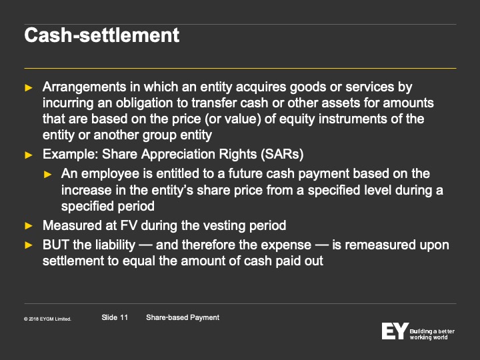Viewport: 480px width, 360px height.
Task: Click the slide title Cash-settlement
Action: (x=101, y=35)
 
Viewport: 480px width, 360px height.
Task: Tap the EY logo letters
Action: (x=395, y=331)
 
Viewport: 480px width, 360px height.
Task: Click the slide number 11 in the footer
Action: (x=115, y=317)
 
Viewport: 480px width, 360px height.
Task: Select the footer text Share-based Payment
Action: (x=183, y=317)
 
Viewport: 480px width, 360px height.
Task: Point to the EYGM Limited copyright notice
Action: (x=47, y=319)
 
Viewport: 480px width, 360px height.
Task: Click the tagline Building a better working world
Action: (x=432, y=334)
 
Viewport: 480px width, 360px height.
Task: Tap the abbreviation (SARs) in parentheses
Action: (x=282, y=154)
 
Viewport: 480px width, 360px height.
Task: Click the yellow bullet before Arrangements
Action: (x=29, y=88)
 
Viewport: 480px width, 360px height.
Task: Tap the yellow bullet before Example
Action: (x=29, y=155)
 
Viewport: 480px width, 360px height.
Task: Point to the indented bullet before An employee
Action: (x=48, y=175)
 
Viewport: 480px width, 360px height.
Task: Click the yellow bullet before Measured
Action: (x=29, y=226)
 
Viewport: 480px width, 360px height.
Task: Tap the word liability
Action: (x=115, y=245)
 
